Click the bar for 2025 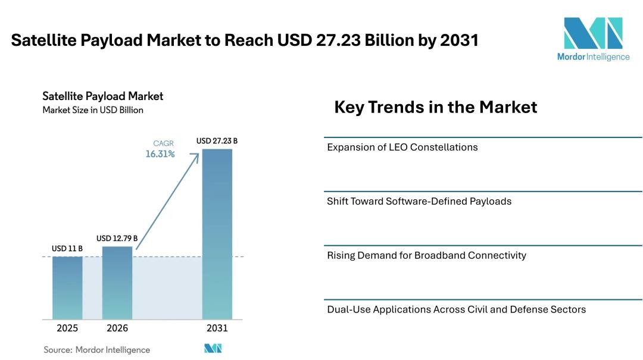tap(67, 287)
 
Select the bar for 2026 tap(117, 283)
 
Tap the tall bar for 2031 tap(217, 233)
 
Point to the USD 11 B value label tap(67, 248)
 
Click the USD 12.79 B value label tap(117, 239)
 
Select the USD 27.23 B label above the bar tap(217, 141)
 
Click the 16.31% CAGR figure tap(160, 154)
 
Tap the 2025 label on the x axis tap(67, 328)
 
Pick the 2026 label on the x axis tap(117, 328)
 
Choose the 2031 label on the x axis tap(217, 328)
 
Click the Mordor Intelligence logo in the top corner tap(593, 38)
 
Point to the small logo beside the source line tap(213, 349)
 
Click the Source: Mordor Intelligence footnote tap(96, 350)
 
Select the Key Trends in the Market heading tap(435, 107)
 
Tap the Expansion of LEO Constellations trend tap(402, 147)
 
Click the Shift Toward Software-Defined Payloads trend tap(419, 201)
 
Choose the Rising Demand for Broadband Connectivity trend tap(426, 255)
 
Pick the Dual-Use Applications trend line tap(456, 309)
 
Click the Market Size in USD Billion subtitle tap(93, 110)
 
